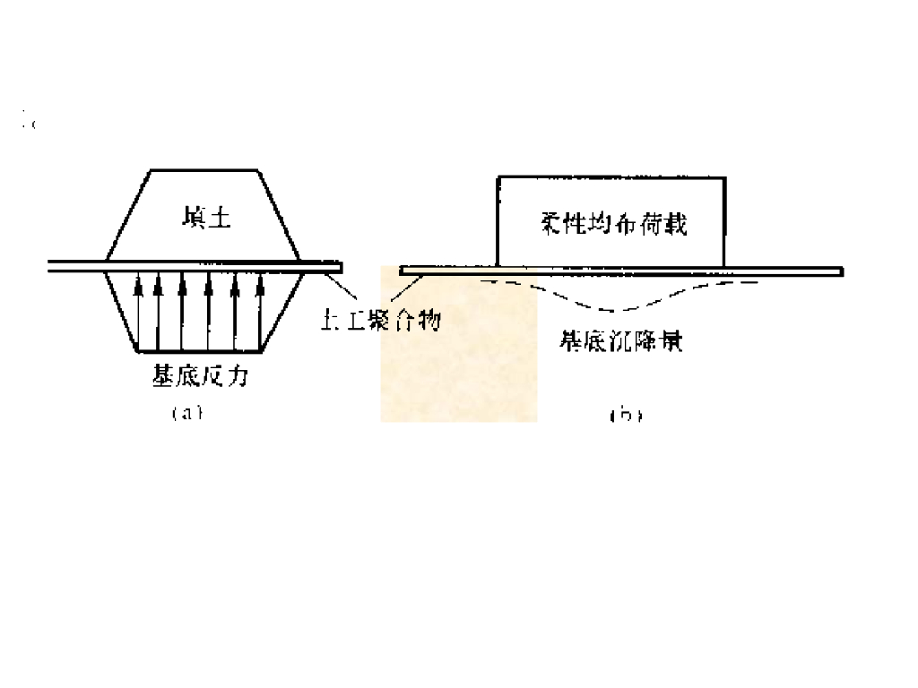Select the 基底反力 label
pos(199,377)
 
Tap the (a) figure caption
pos(187,414)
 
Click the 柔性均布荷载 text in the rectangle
pos(615,223)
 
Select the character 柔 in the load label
pos(553,223)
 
